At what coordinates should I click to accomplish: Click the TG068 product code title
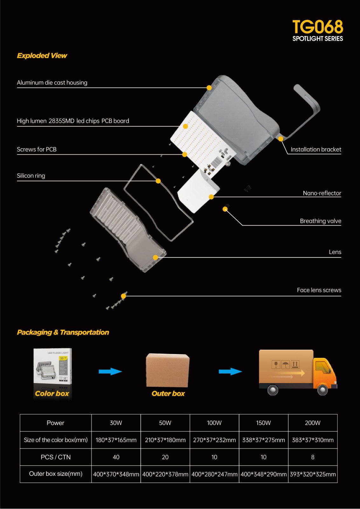tap(317, 27)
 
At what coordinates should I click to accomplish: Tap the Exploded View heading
tap(42, 56)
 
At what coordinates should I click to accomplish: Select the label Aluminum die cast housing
tap(52, 83)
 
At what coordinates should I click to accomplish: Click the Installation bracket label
tap(316, 150)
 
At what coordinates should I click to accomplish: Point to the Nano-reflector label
tap(322, 193)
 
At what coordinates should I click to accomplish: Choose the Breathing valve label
tap(321, 221)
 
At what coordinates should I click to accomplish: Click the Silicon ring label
tap(31, 176)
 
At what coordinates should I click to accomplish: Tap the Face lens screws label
tap(319, 290)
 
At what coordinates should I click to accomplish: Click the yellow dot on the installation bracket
tap(281, 139)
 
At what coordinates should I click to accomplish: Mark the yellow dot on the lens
tap(156, 257)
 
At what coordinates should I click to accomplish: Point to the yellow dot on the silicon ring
tap(158, 181)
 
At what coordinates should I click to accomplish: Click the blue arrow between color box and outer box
tap(110, 371)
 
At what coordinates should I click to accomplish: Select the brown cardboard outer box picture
tap(168, 371)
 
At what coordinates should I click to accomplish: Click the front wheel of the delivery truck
tap(322, 390)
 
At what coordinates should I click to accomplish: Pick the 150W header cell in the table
tap(263, 423)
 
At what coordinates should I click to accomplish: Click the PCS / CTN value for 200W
tap(313, 457)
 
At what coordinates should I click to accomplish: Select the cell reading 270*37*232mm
tap(214, 440)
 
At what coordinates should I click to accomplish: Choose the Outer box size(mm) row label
tap(56, 474)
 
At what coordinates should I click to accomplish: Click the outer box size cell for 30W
tap(116, 474)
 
